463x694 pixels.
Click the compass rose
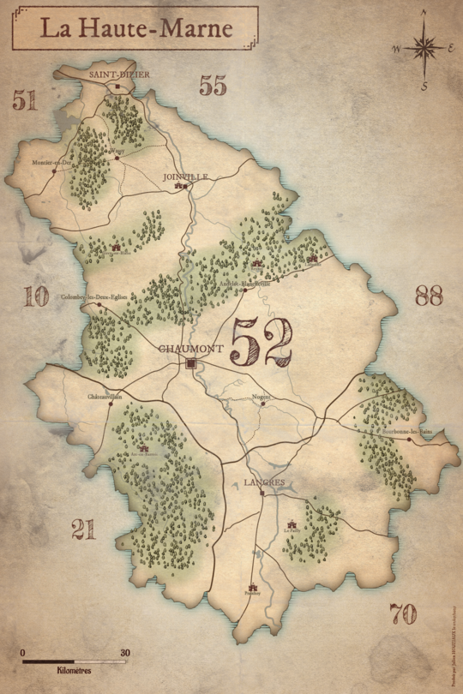[x=424, y=48]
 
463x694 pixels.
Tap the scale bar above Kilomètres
[x=75, y=661]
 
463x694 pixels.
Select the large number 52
[x=261, y=342]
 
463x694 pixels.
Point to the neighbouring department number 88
[x=428, y=296]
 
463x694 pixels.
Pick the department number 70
[x=402, y=613]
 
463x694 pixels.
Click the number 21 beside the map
[x=83, y=530]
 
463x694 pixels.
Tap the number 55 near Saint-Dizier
[x=213, y=85]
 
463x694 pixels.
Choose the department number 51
[x=25, y=100]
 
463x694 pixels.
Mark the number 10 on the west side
[x=36, y=296]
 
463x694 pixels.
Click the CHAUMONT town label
[x=190, y=349]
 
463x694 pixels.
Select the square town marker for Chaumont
[x=191, y=364]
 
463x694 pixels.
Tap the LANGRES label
[x=263, y=482]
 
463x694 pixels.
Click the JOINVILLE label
[x=185, y=176]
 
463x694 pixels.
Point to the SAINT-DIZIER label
[x=119, y=75]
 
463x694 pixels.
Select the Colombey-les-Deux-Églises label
[x=93, y=297]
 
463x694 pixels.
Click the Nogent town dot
[x=263, y=404]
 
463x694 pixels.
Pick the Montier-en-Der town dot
[x=54, y=171]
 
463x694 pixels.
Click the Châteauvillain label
[x=105, y=397]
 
